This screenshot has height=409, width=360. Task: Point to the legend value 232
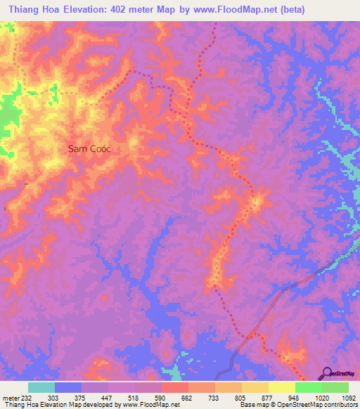pos(28,397)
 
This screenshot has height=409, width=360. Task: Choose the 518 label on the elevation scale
pos(134,397)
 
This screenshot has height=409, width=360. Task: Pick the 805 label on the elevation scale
pos(241,397)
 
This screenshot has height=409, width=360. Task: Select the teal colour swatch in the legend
pos(41,387)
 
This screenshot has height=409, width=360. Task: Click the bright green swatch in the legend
pos(309,387)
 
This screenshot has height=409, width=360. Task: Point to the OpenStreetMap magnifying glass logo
pos(326,372)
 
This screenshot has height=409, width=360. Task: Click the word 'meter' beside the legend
pos(10,397)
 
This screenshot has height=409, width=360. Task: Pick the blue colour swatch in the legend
pos(68,387)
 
